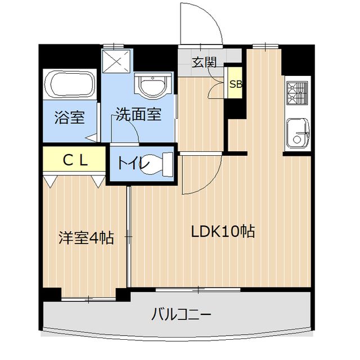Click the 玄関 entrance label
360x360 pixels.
pyautogui.click(x=204, y=62)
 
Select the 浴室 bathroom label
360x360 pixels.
pyautogui.click(x=70, y=118)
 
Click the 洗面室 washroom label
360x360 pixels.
pyautogui.click(x=139, y=115)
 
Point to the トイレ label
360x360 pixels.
pyautogui.click(x=132, y=164)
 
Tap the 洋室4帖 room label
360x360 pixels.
pyautogui.click(x=86, y=238)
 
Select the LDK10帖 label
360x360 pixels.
pyautogui.click(x=223, y=231)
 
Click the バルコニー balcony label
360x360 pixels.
pyautogui.click(x=182, y=314)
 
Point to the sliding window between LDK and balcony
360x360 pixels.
pyautogui.click(x=199, y=289)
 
